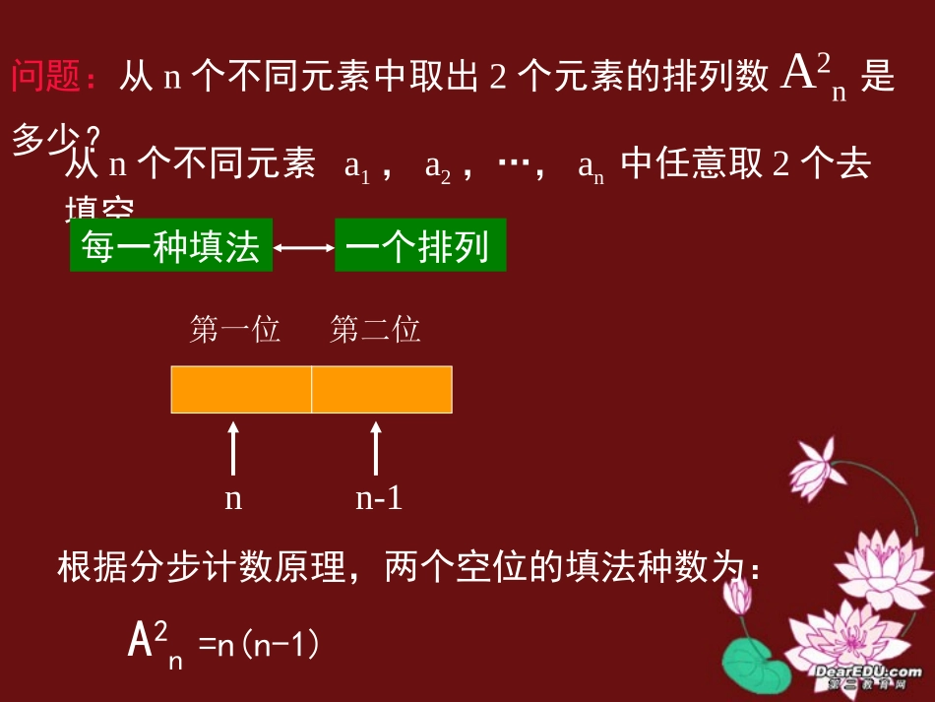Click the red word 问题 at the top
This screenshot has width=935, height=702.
pyautogui.click(x=47, y=77)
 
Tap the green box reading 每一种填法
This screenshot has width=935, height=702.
pyautogui.click(x=170, y=246)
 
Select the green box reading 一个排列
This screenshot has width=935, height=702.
pyautogui.click(x=420, y=246)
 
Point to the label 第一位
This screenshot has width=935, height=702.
pyautogui.click(x=235, y=330)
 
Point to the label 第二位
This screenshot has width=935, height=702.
pyautogui.click(x=375, y=330)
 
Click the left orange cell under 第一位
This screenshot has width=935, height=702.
pyautogui.click(x=241, y=389)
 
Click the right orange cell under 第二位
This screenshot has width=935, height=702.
pyautogui.click(x=382, y=389)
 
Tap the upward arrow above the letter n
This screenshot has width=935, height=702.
pyautogui.click(x=233, y=449)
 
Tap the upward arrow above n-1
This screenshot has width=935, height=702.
pyautogui.click(x=376, y=449)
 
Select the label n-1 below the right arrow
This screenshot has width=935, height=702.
pyautogui.click(x=379, y=498)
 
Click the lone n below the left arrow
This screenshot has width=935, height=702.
pyautogui.click(x=233, y=499)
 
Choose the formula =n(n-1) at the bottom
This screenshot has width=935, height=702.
pyautogui.click(x=261, y=645)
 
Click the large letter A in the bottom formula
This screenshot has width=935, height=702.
pyautogui.click(x=141, y=642)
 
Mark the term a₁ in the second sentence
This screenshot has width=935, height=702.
pyautogui.click(x=356, y=167)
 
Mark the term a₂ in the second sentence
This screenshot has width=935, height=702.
pyautogui.click(x=437, y=167)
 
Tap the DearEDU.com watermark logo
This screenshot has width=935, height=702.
pyautogui.click(x=867, y=676)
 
